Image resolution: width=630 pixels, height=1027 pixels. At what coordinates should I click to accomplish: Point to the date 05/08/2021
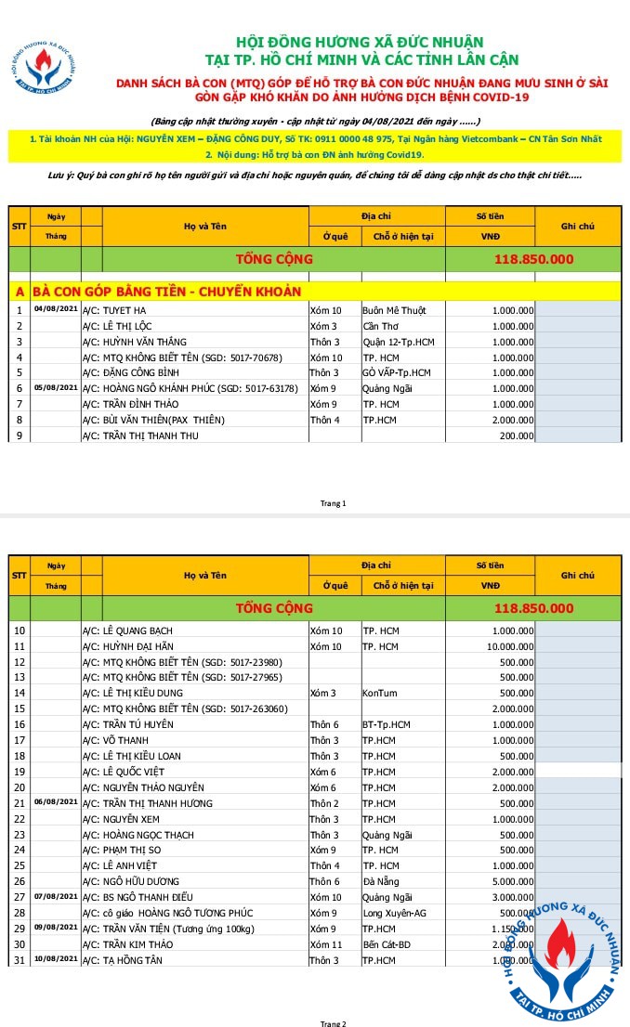coord(56,387)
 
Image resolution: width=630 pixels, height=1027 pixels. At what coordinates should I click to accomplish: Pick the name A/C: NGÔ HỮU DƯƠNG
coord(140,881)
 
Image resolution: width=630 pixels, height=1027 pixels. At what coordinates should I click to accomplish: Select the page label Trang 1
coord(333,503)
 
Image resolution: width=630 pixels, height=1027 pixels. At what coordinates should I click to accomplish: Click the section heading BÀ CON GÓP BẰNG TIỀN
coord(167,292)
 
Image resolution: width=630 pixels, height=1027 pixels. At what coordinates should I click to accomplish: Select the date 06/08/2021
coord(56,800)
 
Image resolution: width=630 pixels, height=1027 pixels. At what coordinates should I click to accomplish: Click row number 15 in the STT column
coord(19,708)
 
